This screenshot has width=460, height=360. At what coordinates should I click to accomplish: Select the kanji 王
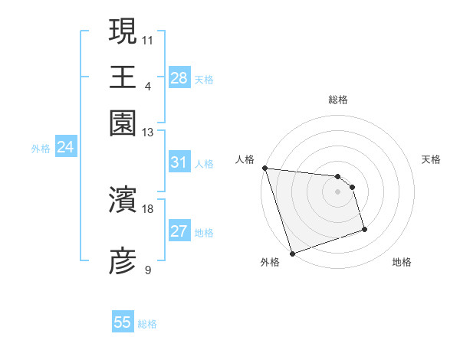pyautogui.click(x=123, y=77)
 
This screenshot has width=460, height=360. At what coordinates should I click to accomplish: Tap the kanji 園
pyautogui.click(x=123, y=123)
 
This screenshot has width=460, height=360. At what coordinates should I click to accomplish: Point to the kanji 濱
pyautogui.click(x=123, y=201)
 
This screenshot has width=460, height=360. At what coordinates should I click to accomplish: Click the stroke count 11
pyautogui.click(x=148, y=38)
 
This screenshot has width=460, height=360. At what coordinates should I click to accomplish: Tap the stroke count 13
pyautogui.click(x=148, y=133)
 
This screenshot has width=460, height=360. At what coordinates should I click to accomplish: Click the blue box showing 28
pyautogui.click(x=179, y=77)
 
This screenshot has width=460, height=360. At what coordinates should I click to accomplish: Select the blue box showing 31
pyautogui.click(x=179, y=162)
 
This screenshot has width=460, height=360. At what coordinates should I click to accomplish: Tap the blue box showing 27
pyautogui.click(x=179, y=232)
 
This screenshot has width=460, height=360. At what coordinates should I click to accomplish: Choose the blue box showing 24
pyautogui.click(x=65, y=148)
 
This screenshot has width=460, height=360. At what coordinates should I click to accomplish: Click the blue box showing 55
pyautogui.click(x=123, y=322)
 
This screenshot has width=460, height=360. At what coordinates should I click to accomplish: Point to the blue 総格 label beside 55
pyautogui.click(x=147, y=324)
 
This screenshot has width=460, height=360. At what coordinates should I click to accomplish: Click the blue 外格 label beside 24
pyautogui.click(x=41, y=149)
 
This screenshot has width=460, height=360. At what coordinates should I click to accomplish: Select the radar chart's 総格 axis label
pyautogui.click(x=337, y=100)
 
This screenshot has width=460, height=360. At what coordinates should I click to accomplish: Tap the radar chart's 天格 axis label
pyautogui.click(x=432, y=159)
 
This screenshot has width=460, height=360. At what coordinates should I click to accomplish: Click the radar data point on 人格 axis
pyautogui.click(x=264, y=168)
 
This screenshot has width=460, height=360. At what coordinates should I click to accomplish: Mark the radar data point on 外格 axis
pyautogui.click(x=292, y=254)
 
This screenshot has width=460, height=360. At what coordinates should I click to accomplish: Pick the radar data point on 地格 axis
pyautogui.click(x=364, y=229)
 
